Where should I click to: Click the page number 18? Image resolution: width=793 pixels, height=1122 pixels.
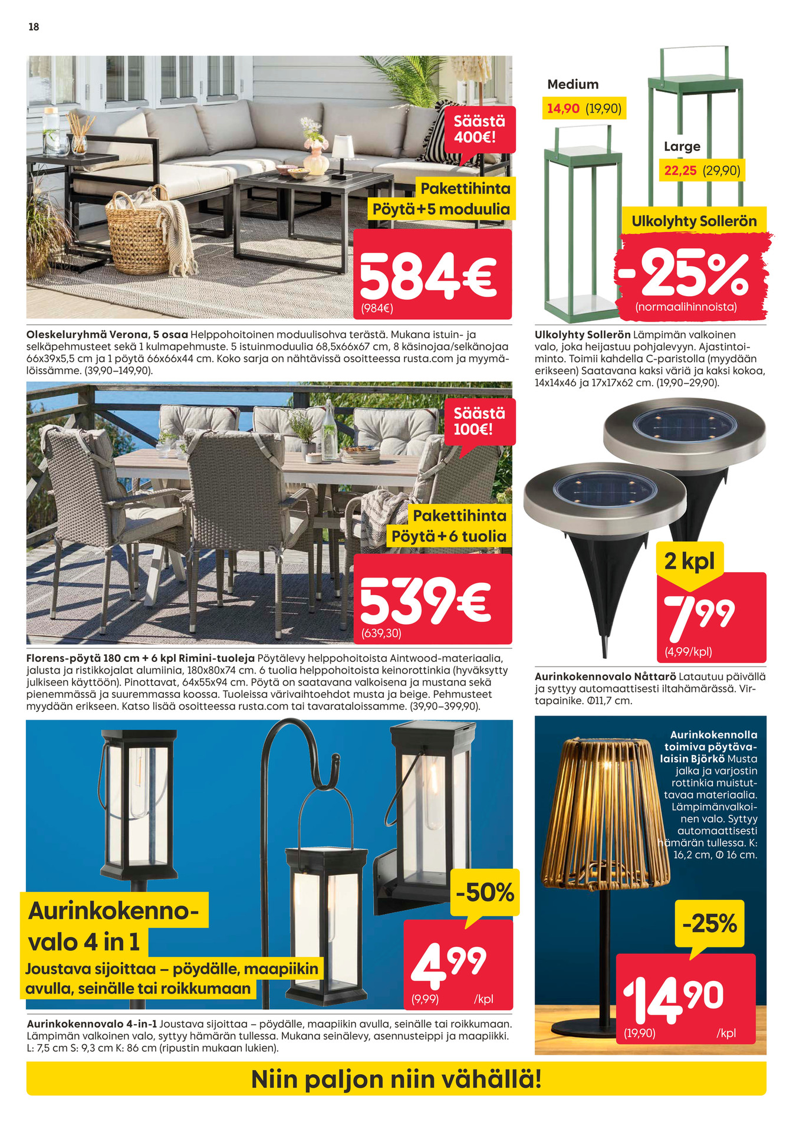[x=34, y=27]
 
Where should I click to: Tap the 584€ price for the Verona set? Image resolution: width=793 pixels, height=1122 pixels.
[x=428, y=275]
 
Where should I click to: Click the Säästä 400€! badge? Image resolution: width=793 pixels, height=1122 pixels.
[x=479, y=129]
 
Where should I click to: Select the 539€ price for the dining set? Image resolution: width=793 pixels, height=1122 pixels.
[x=425, y=599]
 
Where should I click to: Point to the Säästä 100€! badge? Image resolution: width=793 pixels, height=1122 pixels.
[x=479, y=421]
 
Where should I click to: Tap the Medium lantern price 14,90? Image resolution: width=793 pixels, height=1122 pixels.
[x=564, y=109]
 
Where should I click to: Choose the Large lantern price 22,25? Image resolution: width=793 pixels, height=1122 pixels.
[x=680, y=171]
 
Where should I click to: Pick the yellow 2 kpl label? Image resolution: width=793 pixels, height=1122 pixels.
[x=689, y=561]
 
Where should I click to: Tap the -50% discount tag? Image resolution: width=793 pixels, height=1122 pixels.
[x=485, y=892]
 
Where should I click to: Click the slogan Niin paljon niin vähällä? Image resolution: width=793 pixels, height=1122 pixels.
[x=396, y=1080]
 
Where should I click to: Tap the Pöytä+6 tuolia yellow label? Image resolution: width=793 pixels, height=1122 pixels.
[x=449, y=536]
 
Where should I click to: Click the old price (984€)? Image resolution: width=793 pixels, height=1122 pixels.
[x=377, y=308]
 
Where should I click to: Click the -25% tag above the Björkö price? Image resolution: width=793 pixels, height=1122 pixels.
[x=709, y=923]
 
